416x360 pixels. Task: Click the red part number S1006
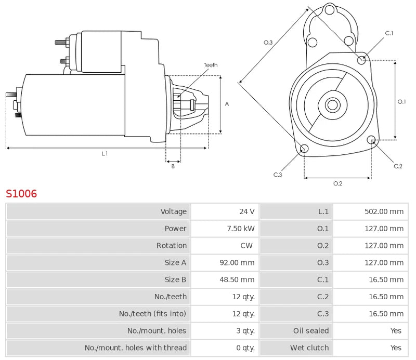point(21,194)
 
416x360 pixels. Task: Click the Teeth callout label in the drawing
point(211,65)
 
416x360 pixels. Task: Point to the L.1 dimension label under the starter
point(105,153)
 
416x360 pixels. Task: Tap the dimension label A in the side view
point(227,104)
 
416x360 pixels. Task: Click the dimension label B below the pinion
point(173,166)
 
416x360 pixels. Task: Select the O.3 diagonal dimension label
point(268,42)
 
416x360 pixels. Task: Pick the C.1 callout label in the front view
point(389,34)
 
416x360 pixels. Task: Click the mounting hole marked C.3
point(305,150)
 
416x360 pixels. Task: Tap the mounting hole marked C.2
point(371,140)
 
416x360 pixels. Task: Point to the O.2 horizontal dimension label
point(337,183)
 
